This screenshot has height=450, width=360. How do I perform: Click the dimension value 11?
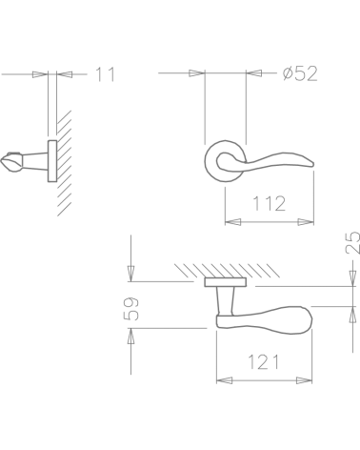106,74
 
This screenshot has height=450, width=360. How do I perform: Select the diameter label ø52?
300,73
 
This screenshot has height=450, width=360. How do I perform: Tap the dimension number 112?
270,204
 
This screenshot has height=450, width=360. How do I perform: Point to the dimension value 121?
264,362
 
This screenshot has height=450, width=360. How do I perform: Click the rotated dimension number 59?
130,309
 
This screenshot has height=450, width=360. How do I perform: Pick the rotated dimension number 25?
352,242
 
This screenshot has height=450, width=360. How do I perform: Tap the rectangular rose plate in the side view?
52,161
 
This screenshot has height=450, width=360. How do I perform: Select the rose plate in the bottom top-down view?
226,282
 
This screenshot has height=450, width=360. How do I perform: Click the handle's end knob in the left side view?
11,162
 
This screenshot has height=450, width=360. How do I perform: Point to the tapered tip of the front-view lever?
311,164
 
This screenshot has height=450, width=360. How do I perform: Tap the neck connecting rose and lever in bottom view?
225,300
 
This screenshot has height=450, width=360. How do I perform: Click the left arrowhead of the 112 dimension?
232,222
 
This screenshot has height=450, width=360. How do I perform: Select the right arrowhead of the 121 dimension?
304,380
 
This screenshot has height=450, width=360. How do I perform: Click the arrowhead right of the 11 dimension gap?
65,74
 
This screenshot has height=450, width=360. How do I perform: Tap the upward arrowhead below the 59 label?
130,336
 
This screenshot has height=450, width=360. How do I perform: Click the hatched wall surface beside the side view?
64,163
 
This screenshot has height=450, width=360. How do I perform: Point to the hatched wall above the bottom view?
227,271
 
